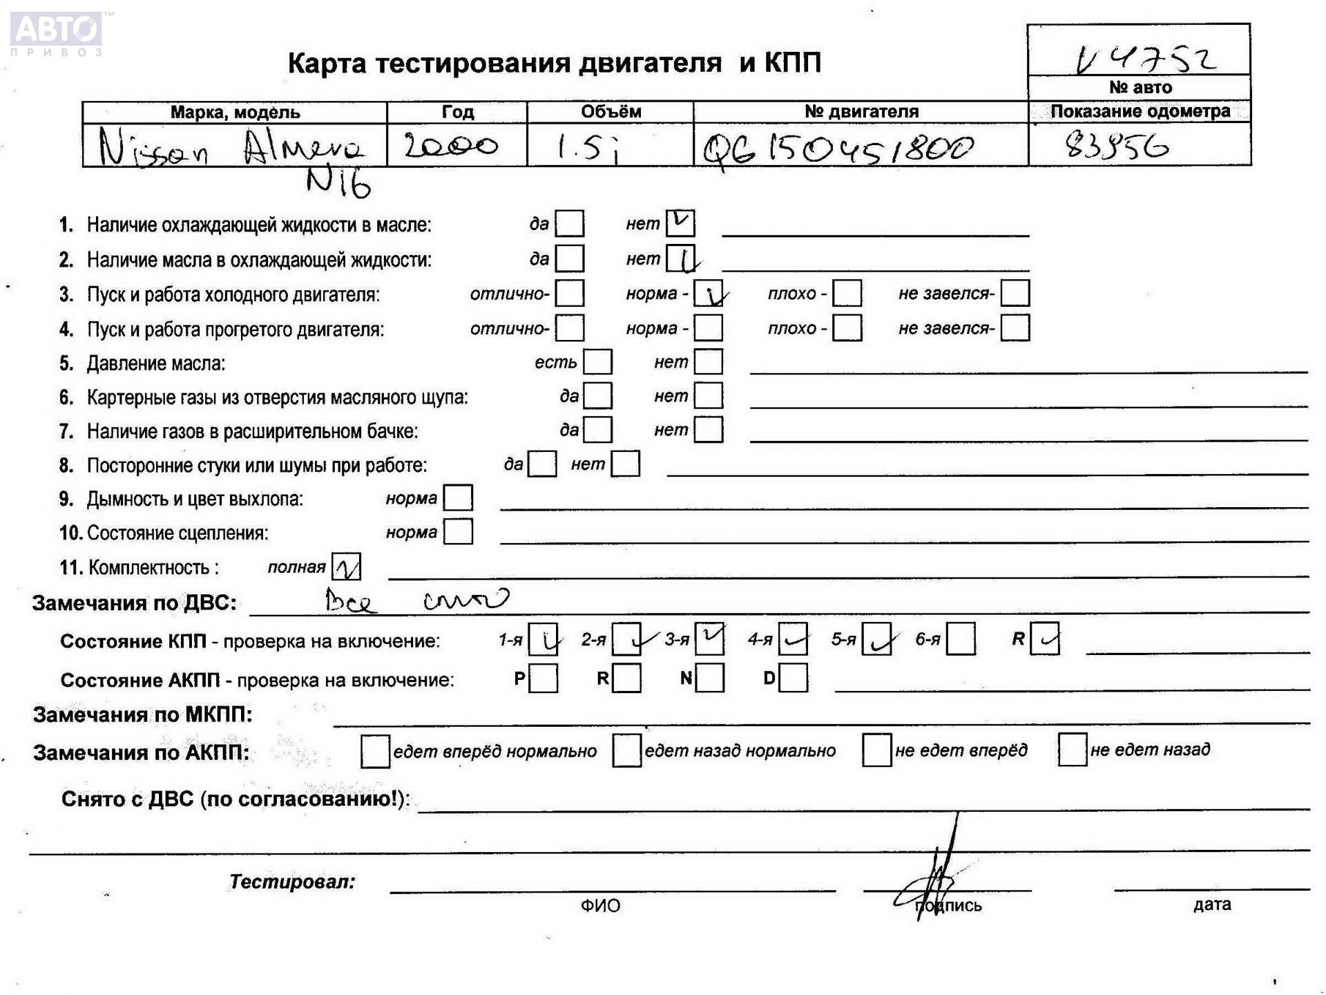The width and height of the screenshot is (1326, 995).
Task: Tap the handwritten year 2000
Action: click(450, 146)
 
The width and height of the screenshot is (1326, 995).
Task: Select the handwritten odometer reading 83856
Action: click(1117, 146)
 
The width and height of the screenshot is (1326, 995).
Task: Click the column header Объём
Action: click(611, 112)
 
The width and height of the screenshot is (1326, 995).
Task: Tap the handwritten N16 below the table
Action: click(338, 183)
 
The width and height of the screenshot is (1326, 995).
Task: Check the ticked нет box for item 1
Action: click(680, 223)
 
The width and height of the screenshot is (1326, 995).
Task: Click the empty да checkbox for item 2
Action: click(570, 258)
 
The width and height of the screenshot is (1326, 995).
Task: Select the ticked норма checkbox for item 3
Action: click(709, 294)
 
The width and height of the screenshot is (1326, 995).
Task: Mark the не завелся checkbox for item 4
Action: click(1015, 328)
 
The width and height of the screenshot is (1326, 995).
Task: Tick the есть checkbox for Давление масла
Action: click(597, 362)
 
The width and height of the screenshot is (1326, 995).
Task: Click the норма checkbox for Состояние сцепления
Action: click(458, 532)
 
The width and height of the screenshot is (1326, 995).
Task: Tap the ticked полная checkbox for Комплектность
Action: click(346, 567)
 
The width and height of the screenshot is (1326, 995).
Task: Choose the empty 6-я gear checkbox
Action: click(961, 639)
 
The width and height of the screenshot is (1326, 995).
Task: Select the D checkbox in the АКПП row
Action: click(793, 678)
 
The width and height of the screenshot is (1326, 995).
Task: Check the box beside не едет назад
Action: click(1072, 750)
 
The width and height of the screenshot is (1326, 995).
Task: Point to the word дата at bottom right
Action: click(1211, 904)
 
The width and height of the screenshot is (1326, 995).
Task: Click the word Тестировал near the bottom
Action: click(292, 882)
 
